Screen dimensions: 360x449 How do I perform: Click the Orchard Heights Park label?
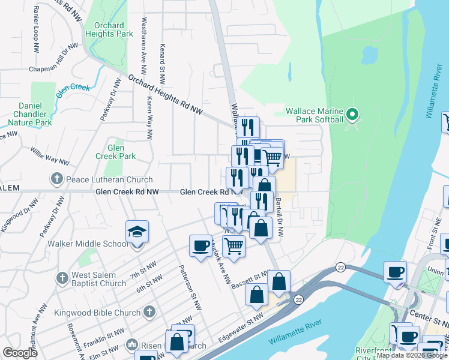pyautogui.click(x=109, y=29)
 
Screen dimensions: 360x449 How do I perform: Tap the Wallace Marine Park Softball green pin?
pyautogui.click(x=353, y=114)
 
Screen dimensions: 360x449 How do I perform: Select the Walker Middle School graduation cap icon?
pyautogui.click(x=137, y=232)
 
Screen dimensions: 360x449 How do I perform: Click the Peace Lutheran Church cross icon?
pyautogui.click(x=56, y=179)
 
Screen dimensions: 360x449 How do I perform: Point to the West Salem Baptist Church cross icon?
pyautogui.click(x=62, y=278)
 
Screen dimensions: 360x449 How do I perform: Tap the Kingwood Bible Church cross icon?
pyautogui.click(x=149, y=312)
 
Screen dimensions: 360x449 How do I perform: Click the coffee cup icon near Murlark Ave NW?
pyautogui.click(x=200, y=245)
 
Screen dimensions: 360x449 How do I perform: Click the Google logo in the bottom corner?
pyautogui.click(x=20, y=352)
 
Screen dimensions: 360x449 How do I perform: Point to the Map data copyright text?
pyautogui.click(x=411, y=355)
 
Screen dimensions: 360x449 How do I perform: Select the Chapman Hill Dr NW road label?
pyautogui.click(x=54, y=58)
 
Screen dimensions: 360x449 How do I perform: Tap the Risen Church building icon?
pyautogui.click(x=133, y=345)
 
